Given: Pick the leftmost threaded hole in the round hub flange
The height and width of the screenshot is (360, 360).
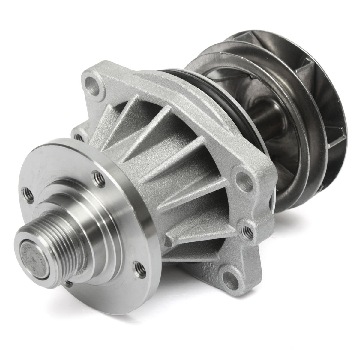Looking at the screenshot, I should point(25,191).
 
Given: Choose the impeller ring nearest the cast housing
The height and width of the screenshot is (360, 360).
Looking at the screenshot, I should point(288,168).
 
